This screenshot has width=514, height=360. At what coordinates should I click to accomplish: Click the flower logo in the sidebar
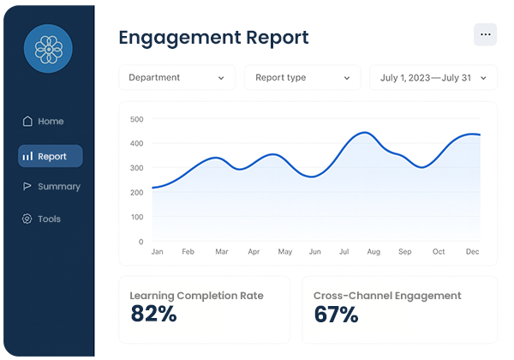click(49, 49)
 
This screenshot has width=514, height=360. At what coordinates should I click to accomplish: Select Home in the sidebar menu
click(51, 122)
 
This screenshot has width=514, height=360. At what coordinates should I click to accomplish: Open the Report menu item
click(51, 156)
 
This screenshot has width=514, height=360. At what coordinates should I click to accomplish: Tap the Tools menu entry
click(49, 219)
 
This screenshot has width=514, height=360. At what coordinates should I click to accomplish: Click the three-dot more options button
click(485, 34)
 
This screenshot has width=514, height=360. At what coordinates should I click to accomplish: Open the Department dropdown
click(176, 78)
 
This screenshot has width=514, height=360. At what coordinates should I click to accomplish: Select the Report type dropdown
click(302, 78)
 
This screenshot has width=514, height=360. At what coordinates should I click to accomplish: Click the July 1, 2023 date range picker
click(433, 78)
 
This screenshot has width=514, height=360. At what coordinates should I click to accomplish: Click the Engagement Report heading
click(213, 38)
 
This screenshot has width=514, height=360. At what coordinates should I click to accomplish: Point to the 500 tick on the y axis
click(136, 119)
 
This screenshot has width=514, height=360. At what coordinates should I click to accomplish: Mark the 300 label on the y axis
click(136, 168)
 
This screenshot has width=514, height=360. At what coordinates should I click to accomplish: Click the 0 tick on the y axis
click(140, 242)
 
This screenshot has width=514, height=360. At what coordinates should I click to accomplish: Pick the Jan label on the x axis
click(157, 252)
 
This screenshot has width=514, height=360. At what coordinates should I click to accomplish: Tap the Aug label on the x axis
click(373, 252)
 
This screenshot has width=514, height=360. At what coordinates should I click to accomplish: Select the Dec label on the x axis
click(473, 252)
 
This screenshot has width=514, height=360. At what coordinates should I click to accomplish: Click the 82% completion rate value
click(153, 315)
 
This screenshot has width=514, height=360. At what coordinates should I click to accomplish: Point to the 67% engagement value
click(336, 315)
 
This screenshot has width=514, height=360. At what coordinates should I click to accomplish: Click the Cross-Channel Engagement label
click(387, 296)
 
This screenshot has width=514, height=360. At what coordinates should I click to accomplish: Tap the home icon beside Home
click(27, 122)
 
